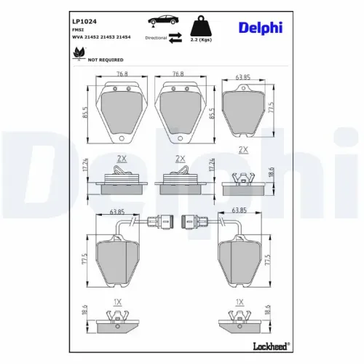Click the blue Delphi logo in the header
tap(261, 28)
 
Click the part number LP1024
tap(84, 22)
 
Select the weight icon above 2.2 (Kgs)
tap(201, 25)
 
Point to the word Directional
tap(156, 38)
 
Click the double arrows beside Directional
tap(175, 38)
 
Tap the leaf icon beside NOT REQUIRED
tap(79, 53)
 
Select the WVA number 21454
tap(123, 37)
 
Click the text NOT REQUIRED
tap(106, 60)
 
